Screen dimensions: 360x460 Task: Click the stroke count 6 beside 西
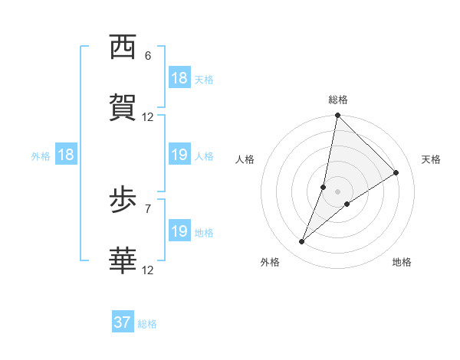[x=148, y=56]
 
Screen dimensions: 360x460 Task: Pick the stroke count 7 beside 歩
[x=148, y=208]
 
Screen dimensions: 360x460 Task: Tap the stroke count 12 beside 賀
[x=148, y=117]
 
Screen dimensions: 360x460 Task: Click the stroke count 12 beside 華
[x=148, y=270]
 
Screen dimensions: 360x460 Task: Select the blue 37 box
[x=123, y=322]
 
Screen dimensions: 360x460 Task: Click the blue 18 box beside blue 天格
[x=179, y=78]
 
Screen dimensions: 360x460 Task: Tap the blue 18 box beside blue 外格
[x=66, y=155]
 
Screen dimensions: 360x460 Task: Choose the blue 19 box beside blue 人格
[x=179, y=155]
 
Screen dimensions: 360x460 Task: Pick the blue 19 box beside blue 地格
[x=179, y=231]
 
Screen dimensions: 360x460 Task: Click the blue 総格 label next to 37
[x=147, y=324]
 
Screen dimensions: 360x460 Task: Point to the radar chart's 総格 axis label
[x=338, y=100]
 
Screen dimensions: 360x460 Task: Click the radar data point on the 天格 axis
[x=396, y=172]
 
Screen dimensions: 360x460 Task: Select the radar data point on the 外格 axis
[x=302, y=242]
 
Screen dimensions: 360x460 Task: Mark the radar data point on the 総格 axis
[x=337, y=116]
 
